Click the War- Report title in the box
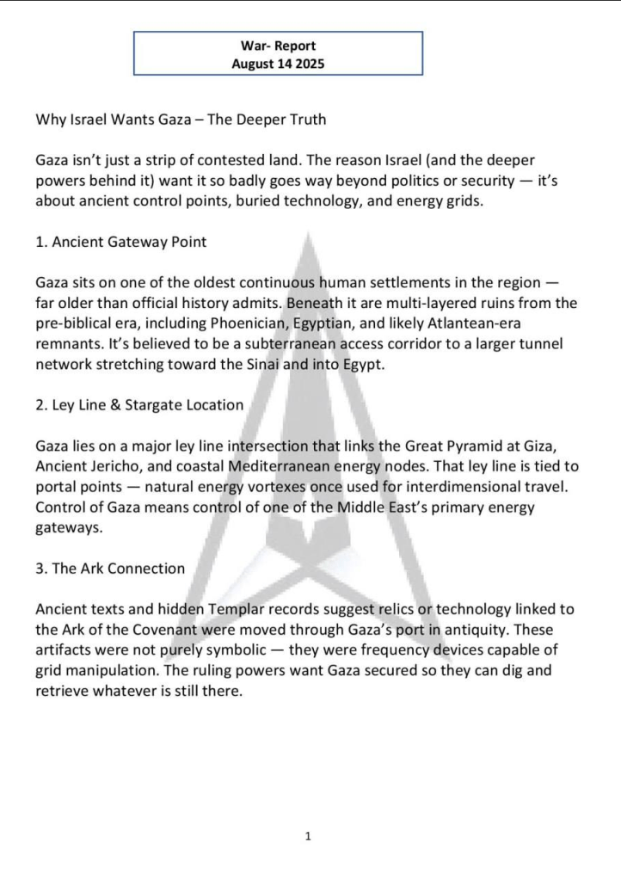(x=278, y=46)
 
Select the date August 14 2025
(x=278, y=64)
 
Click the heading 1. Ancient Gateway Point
(x=121, y=242)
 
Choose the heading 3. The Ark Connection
(x=110, y=568)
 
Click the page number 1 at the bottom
(x=308, y=835)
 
